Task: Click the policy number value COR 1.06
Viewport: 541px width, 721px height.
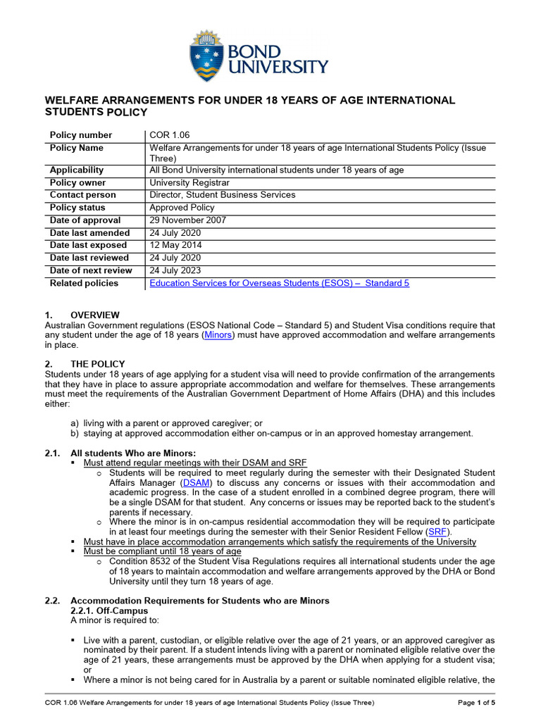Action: pyautogui.click(x=170, y=135)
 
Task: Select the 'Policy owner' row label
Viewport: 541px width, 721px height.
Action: pyautogui.click(x=78, y=182)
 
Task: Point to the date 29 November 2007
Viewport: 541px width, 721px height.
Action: pyautogui.click(x=187, y=220)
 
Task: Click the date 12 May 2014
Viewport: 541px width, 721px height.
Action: pyautogui.click(x=175, y=245)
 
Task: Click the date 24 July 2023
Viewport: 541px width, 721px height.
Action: pyautogui.click(x=175, y=270)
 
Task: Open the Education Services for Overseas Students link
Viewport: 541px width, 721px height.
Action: pyautogui.click(x=279, y=283)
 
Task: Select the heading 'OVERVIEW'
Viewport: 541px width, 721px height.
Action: pyautogui.click(x=95, y=315)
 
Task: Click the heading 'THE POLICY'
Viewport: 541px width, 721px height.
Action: pyautogui.click(x=98, y=364)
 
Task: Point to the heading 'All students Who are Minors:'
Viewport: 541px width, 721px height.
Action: pyautogui.click(x=133, y=453)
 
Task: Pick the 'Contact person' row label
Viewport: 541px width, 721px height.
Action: pyautogui.click(x=83, y=195)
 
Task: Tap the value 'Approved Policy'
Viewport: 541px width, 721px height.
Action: pyautogui.click(x=182, y=208)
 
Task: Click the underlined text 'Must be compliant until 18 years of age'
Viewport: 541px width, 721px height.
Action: pyautogui.click(x=163, y=551)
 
